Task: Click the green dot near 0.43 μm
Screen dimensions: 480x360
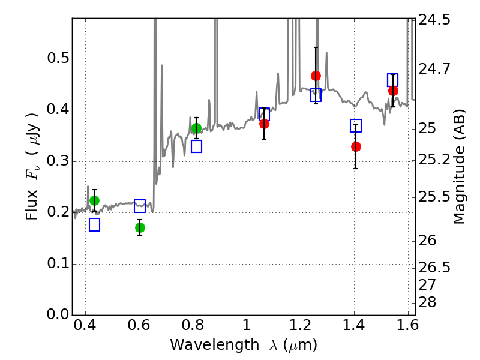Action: pos(94,200)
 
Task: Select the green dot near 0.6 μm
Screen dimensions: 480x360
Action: pos(140,228)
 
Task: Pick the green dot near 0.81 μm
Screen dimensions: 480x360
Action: pos(197,128)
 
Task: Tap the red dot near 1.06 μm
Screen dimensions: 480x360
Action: pos(264,124)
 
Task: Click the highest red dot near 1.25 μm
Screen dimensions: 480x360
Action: pos(316,76)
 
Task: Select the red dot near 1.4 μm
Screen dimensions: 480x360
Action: pos(356,146)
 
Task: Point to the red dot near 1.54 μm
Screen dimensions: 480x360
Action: pos(393,91)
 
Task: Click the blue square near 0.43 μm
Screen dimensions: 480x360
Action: pos(94,224)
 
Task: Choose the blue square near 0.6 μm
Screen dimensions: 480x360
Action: pos(140,206)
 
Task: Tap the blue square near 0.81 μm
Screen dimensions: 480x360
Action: pos(197,146)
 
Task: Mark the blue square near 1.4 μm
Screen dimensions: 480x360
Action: pos(356,126)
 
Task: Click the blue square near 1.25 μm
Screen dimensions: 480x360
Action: pos(316,95)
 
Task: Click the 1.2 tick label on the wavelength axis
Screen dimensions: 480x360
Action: pos(301,325)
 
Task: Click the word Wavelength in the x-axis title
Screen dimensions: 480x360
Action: pos(215,345)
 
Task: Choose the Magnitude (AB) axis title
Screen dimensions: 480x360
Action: pos(459,167)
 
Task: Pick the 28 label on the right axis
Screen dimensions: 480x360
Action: pos(427,302)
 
